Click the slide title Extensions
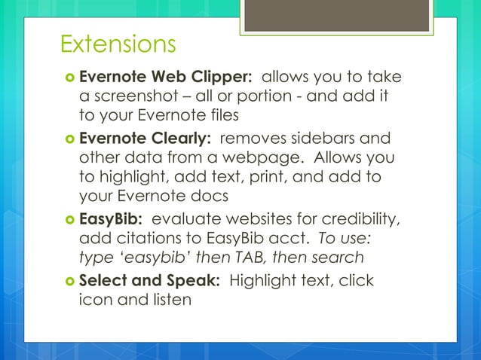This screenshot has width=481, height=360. [x=118, y=44]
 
